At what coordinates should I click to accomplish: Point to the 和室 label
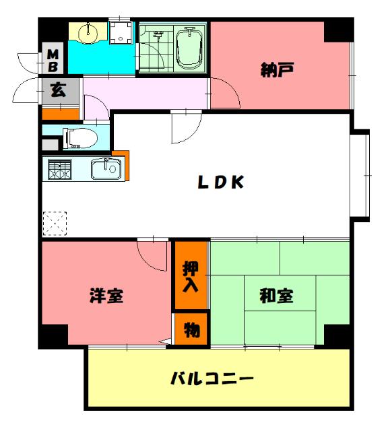276,295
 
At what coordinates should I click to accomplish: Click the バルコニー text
212,378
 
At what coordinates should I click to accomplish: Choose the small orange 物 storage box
191,330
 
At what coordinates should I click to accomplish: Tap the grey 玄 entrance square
59,91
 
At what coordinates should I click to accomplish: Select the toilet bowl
81,137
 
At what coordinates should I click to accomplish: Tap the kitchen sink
104,169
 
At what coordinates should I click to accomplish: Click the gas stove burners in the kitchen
59,169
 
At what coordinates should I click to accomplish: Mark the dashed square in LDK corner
55,222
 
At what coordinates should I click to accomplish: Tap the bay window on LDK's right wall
362,174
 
